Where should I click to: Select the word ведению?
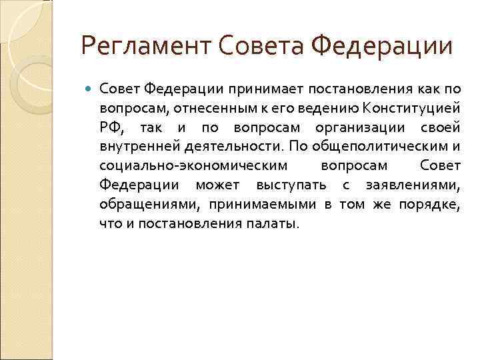pyautogui.click(x=329, y=108)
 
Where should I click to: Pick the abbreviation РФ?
pyautogui.click(x=110, y=127)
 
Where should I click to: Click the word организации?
pyautogui.click(x=351, y=127)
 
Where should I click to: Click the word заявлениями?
pyautogui.click(x=416, y=185)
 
